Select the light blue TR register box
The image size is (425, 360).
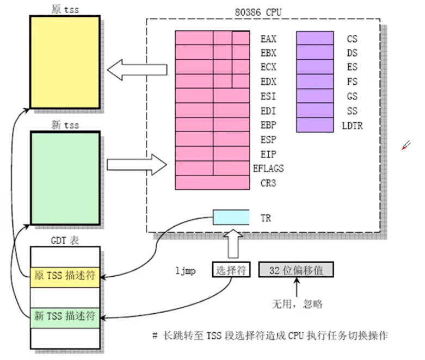pos(231,218)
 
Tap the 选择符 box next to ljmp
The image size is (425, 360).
pos(231,270)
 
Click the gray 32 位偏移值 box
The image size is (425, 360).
pos(295,270)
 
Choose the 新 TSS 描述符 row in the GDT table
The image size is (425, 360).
pos(65,315)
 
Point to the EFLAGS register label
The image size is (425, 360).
pos(268,169)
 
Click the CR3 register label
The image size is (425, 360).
pos(268,183)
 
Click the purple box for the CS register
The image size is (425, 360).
pos(315,39)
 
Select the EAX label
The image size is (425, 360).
pos(268,39)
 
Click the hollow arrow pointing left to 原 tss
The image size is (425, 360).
pos(136,70)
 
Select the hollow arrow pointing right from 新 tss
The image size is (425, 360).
pos(136,164)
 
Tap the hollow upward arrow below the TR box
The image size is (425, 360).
pos(231,244)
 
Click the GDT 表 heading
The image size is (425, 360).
pos(64,240)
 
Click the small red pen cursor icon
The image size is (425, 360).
pos(406,145)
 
